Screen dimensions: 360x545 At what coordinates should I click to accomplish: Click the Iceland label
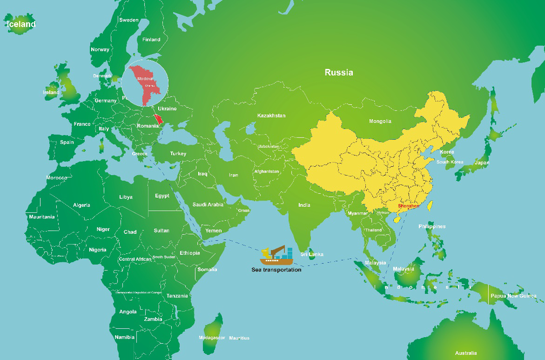(20, 24)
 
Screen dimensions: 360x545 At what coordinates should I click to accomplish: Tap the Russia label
(339, 72)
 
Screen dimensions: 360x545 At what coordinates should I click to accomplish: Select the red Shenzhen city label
(408, 206)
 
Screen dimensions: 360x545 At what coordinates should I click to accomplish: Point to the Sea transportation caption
(276, 270)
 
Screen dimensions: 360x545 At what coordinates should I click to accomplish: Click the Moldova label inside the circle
(145, 79)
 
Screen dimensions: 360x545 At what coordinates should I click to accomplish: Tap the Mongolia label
(380, 121)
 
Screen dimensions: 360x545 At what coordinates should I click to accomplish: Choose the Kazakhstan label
(271, 115)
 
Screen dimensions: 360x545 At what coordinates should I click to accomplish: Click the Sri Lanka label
(312, 254)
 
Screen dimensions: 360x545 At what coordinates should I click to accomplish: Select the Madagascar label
(212, 338)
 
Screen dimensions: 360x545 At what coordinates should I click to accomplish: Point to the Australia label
(466, 353)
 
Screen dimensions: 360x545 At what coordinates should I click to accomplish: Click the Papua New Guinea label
(513, 296)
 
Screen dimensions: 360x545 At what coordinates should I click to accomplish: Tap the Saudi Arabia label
(208, 204)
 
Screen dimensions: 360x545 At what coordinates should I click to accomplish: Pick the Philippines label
(432, 226)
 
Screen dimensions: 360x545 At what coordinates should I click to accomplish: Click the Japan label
(482, 163)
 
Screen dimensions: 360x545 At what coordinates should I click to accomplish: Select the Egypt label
(162, 196)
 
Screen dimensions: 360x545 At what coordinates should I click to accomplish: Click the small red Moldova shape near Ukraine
(160, 119)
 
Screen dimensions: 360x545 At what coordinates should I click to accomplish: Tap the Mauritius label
(239, 338)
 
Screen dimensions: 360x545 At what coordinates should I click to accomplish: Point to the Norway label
(100, 49)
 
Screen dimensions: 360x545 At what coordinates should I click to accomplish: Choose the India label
(304, 205)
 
